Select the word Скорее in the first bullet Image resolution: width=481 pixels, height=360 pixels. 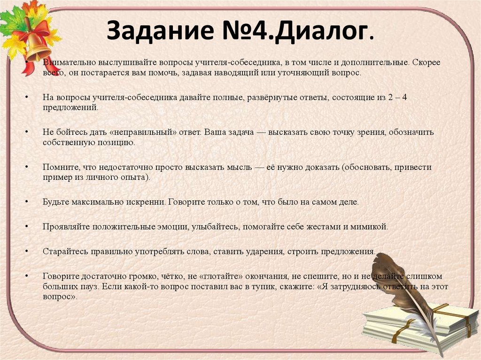[x=427, y=62]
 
